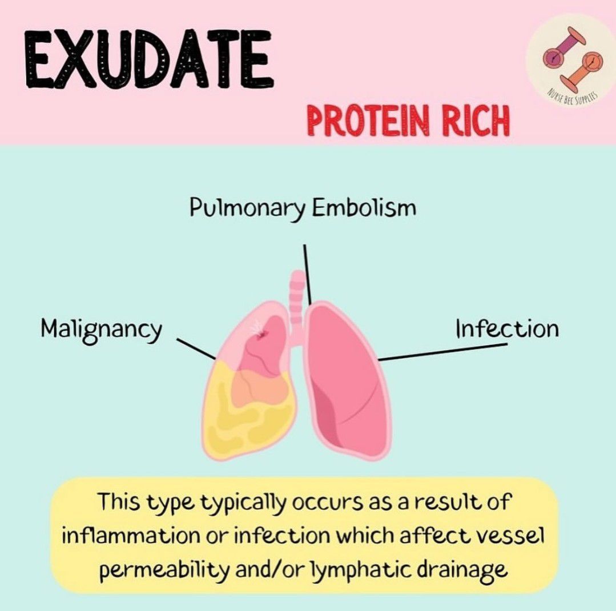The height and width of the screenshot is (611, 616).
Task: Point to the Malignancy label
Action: (102, 329)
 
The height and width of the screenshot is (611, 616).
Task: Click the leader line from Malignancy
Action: (196, 349)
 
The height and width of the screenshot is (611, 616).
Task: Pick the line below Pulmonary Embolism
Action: (307, 275)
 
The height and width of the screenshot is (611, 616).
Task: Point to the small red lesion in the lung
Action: (261, 335)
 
